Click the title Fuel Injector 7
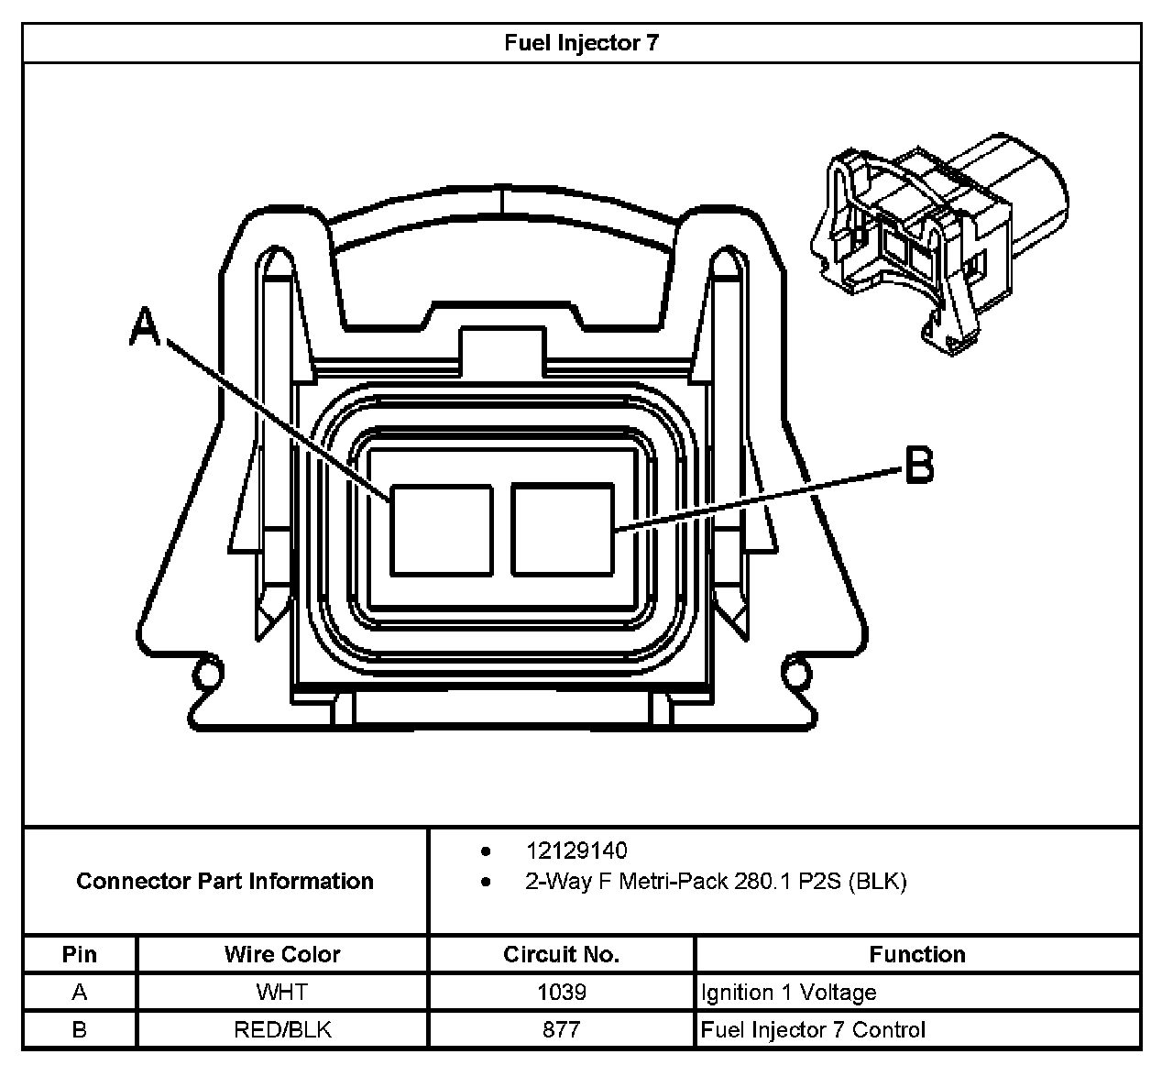[581, 43]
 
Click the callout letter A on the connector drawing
[145, 327]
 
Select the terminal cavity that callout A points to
[441, 530]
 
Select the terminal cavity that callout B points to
[562, 530]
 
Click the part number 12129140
[576, 851]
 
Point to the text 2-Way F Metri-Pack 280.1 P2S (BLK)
[716, 882]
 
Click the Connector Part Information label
[225, 882]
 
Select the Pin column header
[80, 954]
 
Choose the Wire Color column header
[282, 954]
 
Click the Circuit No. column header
[561, 954]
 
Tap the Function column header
[917, 954]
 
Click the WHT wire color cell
[282, 992]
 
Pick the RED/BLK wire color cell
[282, 1029]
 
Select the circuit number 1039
[561, 992]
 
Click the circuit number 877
[561, 1029]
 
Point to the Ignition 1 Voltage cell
[788, 992]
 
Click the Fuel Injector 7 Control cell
[813, 1029]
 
